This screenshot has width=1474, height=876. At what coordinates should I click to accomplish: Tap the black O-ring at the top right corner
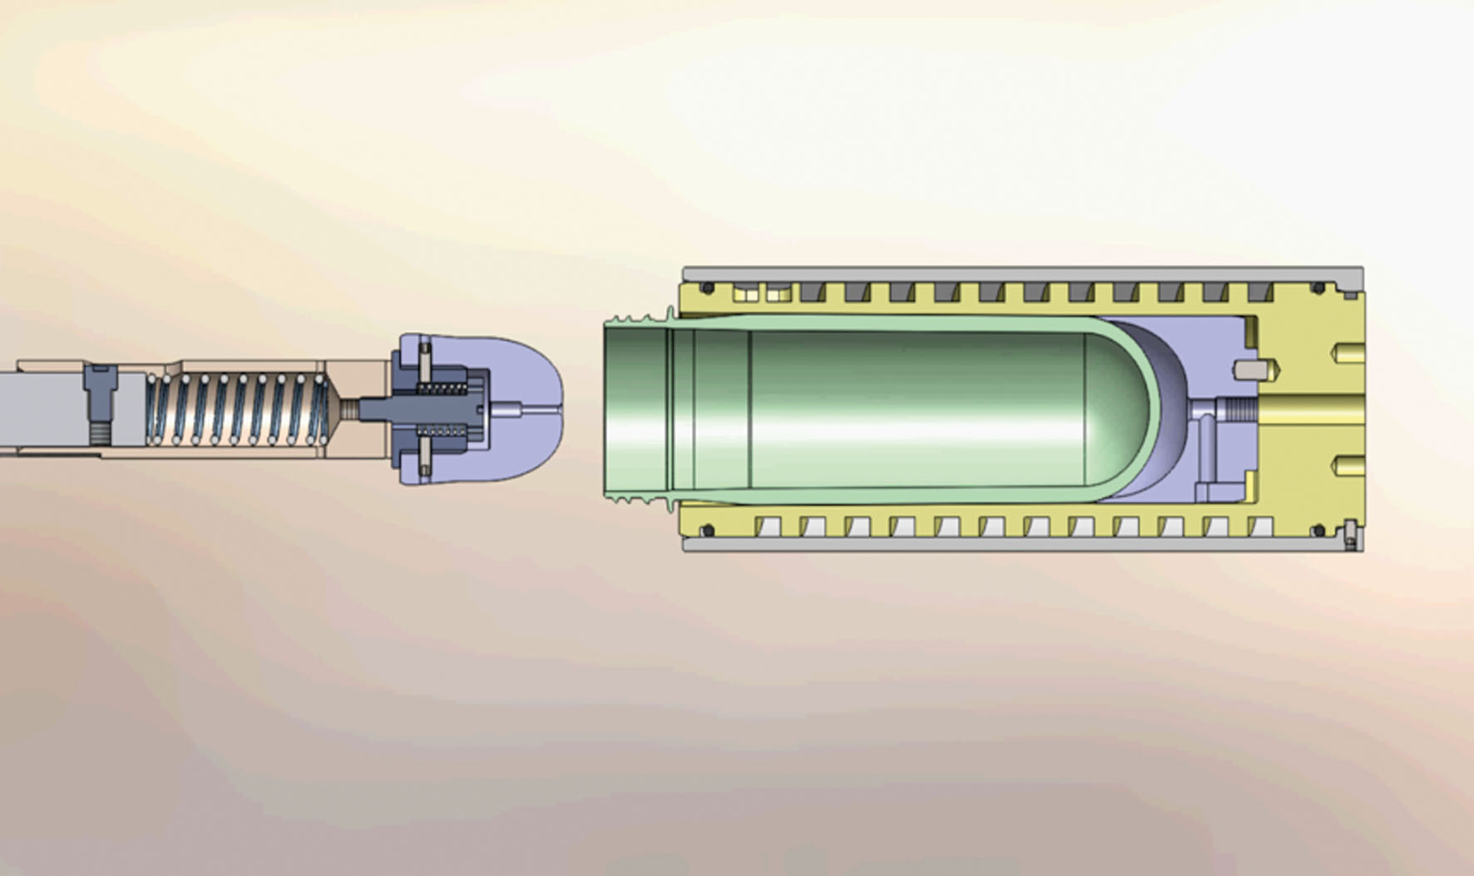click(x=1318, y=289)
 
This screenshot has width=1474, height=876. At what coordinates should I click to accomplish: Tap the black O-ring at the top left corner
click(x=708, y=289)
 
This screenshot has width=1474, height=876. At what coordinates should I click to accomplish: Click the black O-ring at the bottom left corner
click(x=708, y=530)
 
